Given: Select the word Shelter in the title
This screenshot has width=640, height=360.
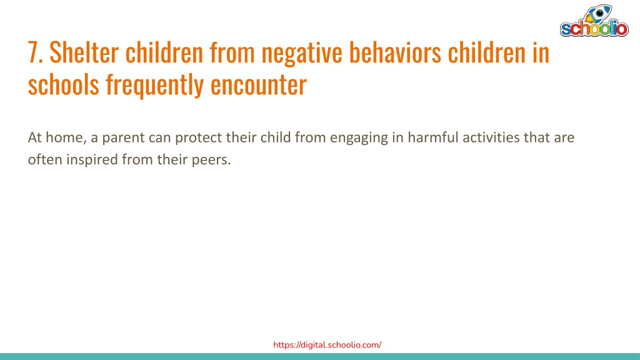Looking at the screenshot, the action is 84,52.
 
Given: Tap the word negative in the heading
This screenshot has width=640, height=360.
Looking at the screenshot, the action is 302,54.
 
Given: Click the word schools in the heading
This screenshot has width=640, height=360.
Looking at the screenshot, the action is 64,84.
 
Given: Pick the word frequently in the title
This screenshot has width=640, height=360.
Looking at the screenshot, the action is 155,85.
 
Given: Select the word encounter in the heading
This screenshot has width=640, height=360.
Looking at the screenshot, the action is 258,85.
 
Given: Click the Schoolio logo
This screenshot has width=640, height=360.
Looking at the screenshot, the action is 594,21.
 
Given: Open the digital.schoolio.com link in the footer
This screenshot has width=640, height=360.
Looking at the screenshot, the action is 327,345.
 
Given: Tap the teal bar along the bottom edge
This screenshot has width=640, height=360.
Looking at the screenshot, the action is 320,356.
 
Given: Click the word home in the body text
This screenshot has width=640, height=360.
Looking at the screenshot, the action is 65,137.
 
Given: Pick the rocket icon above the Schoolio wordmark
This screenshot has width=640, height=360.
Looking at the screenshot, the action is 597,14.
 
